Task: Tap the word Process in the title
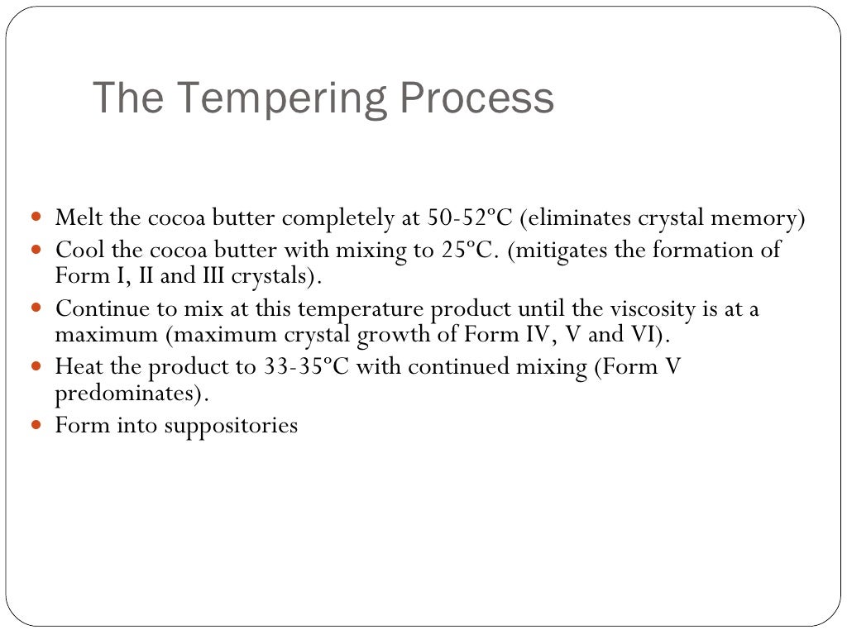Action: click(477, 98)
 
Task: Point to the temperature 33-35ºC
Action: click(306, 366)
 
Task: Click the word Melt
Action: click(75, 218)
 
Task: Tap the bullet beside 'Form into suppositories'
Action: click(36, 426)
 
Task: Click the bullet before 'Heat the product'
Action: click(36, 366)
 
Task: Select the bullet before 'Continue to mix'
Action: click(36, 309)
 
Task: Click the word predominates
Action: click(128, 394)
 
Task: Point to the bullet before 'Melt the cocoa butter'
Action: click(36, 219)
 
